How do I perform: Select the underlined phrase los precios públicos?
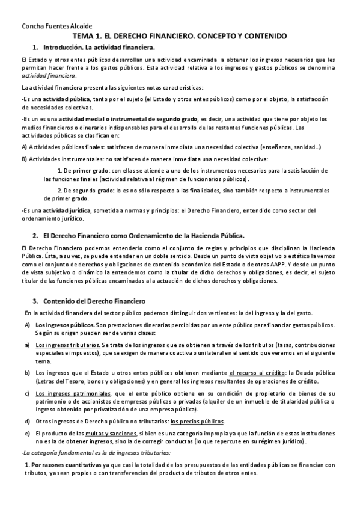pyautogui.click(x=206, y=421)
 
